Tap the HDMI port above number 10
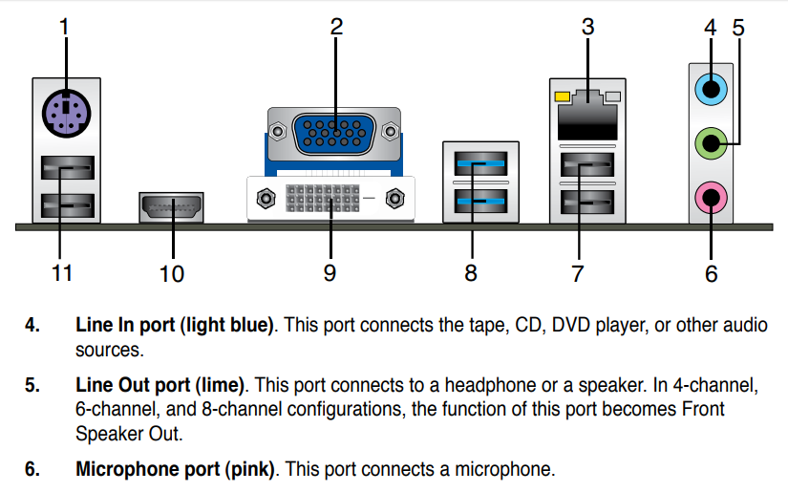tap(172, 206)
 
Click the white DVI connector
tap(330, 199)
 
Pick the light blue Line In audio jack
tap(710, 91)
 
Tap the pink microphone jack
tap(710, 199)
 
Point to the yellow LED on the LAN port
tap(561, 96)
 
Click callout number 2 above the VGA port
tap(336, 27)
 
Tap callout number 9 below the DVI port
tap(330, 273)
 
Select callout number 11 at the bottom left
tap(62, 274)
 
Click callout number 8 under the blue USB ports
tap(471, 273)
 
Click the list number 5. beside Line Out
tap(32, 386)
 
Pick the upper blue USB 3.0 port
tap(482, 164)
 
